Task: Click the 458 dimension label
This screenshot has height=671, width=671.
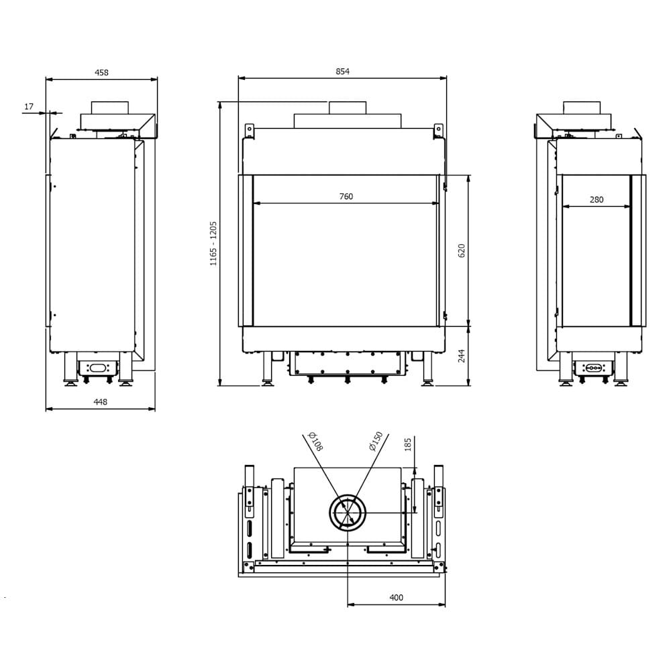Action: pos(101,72)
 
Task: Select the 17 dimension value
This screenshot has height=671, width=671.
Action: pos(28,107)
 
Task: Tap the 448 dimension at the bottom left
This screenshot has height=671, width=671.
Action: pos(100,402)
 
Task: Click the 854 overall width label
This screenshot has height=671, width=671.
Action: pos(343,71)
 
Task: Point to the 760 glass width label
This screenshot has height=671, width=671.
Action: pos(346,197)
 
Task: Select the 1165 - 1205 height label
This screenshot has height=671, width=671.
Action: pos(213,243)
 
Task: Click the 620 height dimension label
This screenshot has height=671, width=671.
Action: pos(462,251)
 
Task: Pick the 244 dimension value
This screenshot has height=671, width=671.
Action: pos(462,356)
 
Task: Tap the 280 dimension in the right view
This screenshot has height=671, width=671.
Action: pos(597,199)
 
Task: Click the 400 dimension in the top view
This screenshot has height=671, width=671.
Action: pos(396,597)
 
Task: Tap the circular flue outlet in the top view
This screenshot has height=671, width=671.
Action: pos(348,514)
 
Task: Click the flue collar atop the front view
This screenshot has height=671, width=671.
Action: pos(348,108)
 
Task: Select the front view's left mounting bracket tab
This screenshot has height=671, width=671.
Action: pos(248,130)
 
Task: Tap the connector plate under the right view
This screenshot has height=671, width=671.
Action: pos(594,368)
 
